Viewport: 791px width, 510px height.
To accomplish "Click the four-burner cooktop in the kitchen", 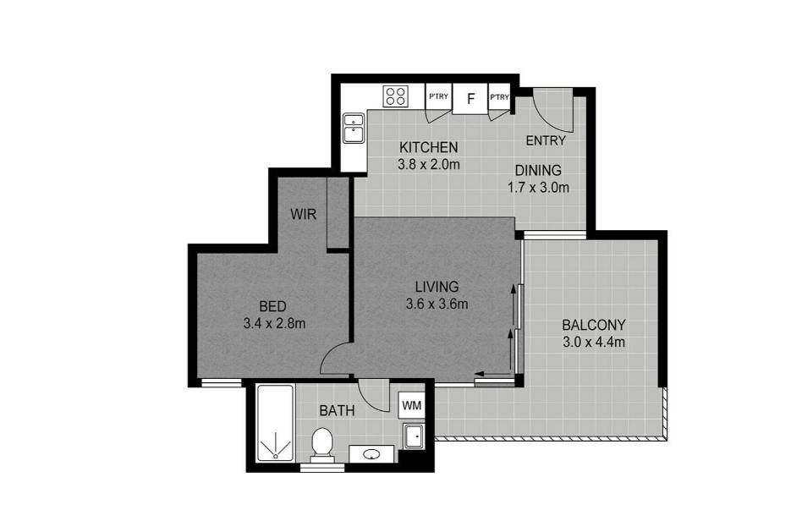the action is tap(396, 96).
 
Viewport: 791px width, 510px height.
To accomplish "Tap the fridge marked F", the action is tap(470, 99).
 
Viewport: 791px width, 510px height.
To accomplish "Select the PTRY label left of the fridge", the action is tap(438, 96).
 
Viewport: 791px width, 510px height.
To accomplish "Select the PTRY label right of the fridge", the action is tap(499, 97).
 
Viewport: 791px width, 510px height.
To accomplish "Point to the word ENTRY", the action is tap(546, 140).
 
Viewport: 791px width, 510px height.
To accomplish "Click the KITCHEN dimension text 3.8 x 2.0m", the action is tap(429, 164).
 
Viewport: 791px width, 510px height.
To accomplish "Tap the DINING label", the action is tap(538, 171).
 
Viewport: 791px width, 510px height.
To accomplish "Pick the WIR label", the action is tap(303, 214).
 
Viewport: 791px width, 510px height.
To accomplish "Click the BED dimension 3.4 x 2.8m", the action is tap(274, 323).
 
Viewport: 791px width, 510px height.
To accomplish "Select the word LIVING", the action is tap(437, 287).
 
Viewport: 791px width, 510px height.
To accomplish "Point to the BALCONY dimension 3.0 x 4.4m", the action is tap(594, 342).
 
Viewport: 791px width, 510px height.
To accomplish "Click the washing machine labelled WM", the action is tap(412, 405).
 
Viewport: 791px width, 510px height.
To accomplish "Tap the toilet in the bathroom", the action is tap(321, 445).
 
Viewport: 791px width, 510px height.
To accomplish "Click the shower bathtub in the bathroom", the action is tap(275, 423).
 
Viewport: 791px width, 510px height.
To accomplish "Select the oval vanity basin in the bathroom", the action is tap(371, 455).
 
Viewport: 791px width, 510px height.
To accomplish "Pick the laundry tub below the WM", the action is tap(415, 436).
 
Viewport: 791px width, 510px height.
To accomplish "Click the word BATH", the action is tap(337, 411).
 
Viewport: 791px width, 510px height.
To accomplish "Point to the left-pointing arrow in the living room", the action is tap(493, 374).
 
